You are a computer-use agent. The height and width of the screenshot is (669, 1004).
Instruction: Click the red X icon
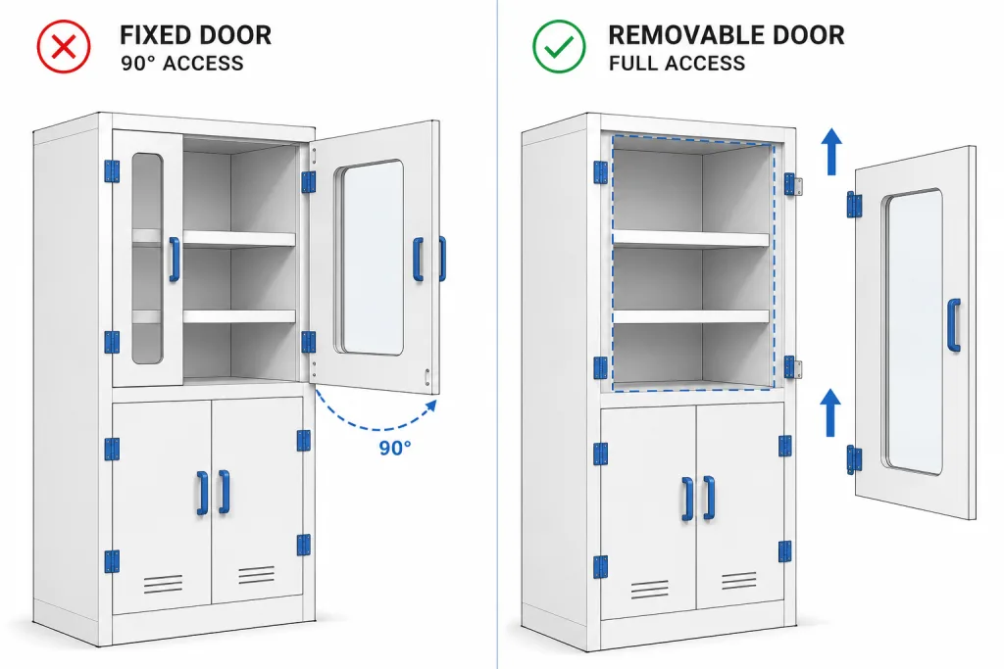(64, 47)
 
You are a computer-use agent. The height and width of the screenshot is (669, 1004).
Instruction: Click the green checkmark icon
(559, 47)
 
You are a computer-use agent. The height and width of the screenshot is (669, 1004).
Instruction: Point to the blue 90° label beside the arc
(394, 448)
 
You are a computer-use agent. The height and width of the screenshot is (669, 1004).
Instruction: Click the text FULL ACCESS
(677, 64)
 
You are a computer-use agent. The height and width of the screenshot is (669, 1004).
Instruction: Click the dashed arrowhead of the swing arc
(431, 406)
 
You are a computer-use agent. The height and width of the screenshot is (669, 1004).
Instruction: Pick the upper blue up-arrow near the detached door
(831, 151)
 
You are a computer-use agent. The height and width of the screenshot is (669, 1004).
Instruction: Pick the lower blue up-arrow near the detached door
(830, 412)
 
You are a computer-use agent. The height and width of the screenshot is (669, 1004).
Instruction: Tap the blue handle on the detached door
(954, 325)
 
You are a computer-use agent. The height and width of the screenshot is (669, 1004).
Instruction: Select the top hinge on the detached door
(854, 205)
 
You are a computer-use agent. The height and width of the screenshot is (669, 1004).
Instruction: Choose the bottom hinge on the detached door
(854, 459)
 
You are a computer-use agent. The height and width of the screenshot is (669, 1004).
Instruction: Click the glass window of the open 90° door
(372, 257)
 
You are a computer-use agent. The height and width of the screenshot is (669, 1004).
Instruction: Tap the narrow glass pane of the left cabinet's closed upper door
(147, 259)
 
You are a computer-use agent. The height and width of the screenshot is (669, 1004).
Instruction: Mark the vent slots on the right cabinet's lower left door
(650, 589)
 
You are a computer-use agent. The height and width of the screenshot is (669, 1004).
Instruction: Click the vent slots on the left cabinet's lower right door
(257, 574)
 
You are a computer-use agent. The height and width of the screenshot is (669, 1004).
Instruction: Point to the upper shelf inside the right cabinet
(691, 239)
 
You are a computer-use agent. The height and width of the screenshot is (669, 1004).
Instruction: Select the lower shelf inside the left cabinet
(239, 316)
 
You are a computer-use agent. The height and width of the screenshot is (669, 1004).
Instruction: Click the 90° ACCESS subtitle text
(182, 64)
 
